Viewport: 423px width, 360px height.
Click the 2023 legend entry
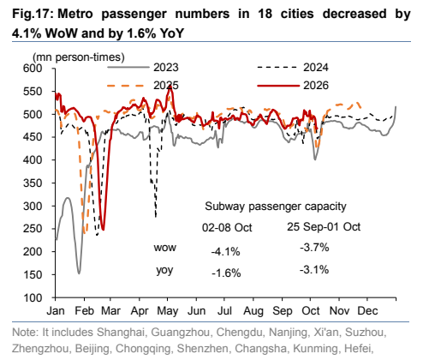click(x=143, y=68)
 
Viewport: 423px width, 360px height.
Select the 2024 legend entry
click(x=293, y=68)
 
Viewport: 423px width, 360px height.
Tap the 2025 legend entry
click(x=143, y=86)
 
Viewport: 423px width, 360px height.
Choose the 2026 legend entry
click(x=293, y=86)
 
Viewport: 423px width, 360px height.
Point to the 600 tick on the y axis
click(x=33, y=69)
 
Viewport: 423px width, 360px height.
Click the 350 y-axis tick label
click(x=33, y=183)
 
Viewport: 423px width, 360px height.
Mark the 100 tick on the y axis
click(x=33, y=297)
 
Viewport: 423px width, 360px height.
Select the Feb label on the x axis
click(x=84, y=311)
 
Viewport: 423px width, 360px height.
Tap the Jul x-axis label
click(x=224, y=311)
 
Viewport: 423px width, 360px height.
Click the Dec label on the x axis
click(x=367, y=311)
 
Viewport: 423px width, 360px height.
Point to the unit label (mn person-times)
click(x=79, y=57)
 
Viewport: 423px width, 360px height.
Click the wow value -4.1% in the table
click(x=225, y=251)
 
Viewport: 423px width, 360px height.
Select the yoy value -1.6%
click(x=226, y=273)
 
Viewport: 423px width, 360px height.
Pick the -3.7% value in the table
click(x=314, y=247)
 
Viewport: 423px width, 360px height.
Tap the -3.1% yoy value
click(x=314, y=269)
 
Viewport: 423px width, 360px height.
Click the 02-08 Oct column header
click(x=227, y=228)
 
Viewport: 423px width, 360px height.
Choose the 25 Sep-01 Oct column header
click(x=324, y=227)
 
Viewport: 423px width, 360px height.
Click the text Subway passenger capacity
click(x=276, y=207)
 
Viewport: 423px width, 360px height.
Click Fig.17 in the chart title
click(x=33, y=14)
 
